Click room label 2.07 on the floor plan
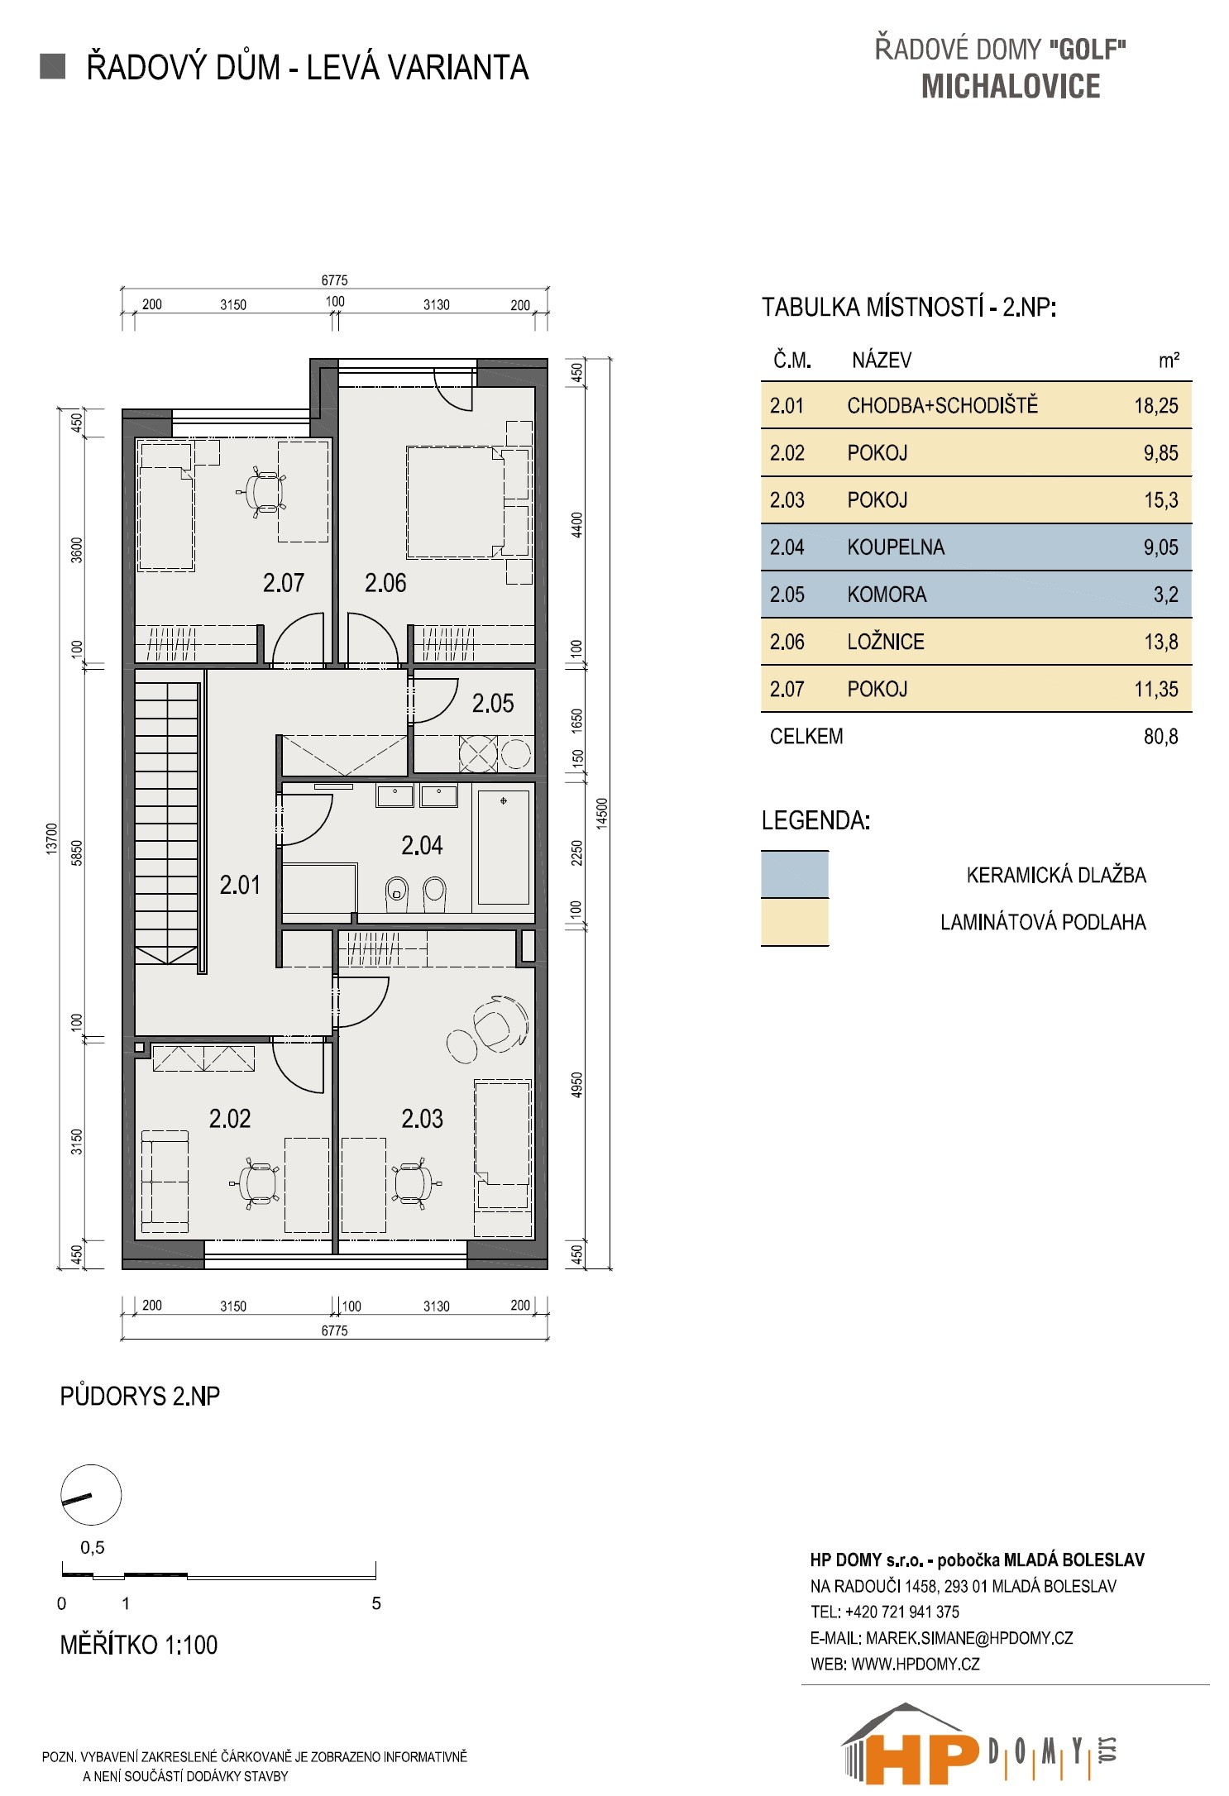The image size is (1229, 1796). coord(284,583)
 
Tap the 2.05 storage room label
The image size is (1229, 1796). coord(493,704)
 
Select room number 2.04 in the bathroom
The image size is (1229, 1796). coord(422,845)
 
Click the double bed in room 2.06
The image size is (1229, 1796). coord(455,502)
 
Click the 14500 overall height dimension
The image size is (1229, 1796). coord(602,813)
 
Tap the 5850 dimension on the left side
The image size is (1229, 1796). coord(77,852)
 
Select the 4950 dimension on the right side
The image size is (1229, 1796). coord(577,1085)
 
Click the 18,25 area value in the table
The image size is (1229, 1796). coord(1156,406)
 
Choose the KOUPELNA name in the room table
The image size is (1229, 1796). coord(896,547)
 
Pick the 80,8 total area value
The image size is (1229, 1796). coord(1161,737)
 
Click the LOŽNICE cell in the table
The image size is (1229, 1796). coord(886,642)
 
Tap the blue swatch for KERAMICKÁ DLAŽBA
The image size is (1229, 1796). coord(795,874)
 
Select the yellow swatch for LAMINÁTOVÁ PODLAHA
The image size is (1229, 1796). coord(795,922)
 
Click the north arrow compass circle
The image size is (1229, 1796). coord(91,1495)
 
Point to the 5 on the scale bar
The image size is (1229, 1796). coord(376,1603)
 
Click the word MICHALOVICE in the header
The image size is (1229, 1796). coord(1011,87)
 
